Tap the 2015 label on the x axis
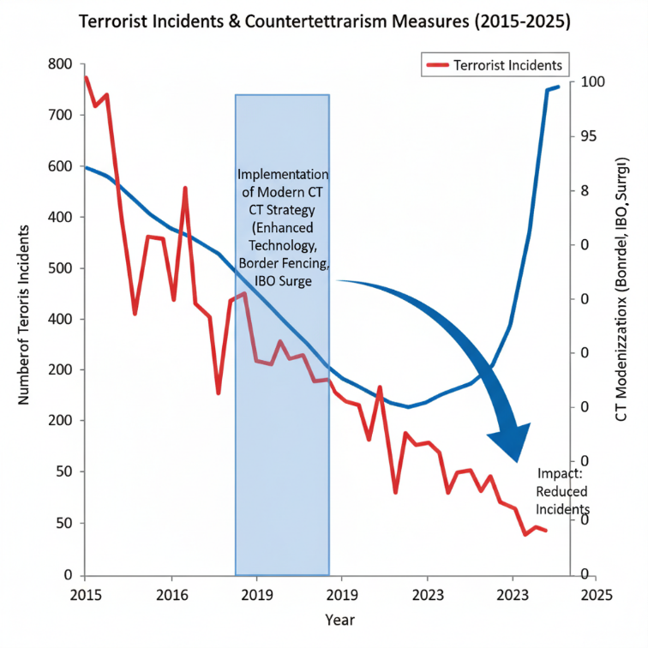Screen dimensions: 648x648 85,593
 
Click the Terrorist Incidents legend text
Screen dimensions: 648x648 507,65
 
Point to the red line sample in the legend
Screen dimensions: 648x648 438,65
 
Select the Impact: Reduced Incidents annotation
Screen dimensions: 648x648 561,492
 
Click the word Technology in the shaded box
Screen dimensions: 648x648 281,244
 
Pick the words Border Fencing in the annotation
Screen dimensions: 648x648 281,261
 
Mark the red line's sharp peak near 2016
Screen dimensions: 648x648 185,188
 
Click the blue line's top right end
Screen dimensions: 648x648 559,87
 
